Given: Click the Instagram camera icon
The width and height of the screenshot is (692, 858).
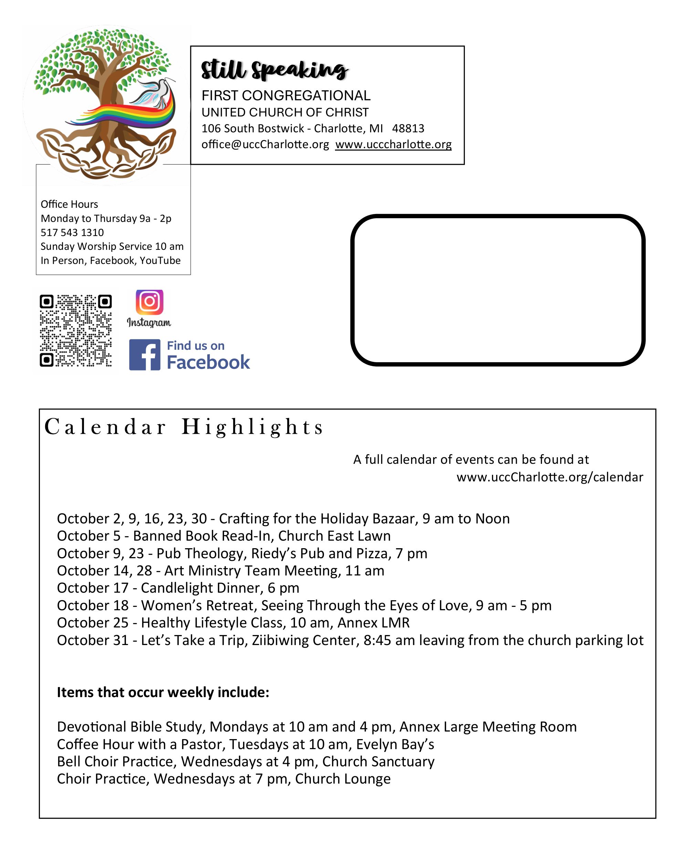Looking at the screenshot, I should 149,302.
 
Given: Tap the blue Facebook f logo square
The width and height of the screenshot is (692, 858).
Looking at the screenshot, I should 145,355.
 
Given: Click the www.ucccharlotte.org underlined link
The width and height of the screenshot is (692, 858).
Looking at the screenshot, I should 393,144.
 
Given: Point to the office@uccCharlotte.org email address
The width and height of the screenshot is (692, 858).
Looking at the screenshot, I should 265,144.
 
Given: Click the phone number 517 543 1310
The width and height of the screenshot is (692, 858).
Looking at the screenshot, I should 72,233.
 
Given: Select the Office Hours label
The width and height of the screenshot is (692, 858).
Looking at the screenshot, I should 69,204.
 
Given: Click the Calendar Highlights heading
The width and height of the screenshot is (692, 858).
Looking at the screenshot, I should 184,427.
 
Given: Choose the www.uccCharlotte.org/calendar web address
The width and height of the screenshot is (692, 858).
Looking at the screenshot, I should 550,477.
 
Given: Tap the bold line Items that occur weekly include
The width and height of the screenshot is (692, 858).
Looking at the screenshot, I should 163,692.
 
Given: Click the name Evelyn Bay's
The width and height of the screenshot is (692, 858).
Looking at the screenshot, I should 395,744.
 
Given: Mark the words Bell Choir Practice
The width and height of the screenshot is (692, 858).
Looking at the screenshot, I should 116,762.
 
